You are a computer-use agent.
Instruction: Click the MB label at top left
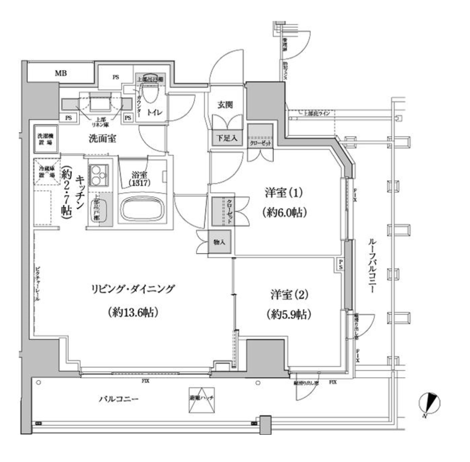[x=59, y=73]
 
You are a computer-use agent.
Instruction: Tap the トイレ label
[x=160, y=112]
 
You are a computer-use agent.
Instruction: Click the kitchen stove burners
[x=98, y=172]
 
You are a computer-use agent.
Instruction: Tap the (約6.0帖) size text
[x=284, y=213]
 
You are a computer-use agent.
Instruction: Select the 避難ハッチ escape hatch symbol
[x=199, y=399]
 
